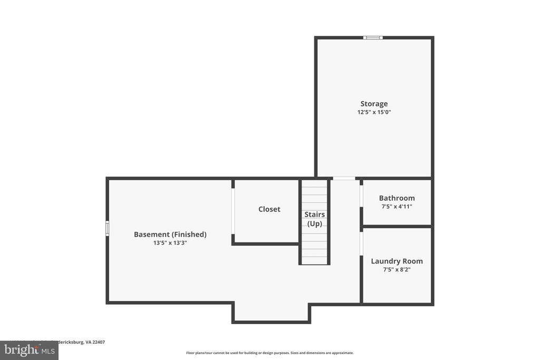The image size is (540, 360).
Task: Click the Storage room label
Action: coord(374,104)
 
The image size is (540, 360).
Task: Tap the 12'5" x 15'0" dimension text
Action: coord(374,112)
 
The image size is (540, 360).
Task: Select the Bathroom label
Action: coord(397,198)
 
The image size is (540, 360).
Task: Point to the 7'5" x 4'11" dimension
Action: coord(397,207)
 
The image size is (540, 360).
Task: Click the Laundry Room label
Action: coord(397,261)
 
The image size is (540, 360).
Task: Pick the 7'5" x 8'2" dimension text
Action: coord(397,269)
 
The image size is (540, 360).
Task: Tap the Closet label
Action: coord(269,209)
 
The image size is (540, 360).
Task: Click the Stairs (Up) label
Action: coord(314,219)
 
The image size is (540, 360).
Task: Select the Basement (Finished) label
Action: coord(170,235)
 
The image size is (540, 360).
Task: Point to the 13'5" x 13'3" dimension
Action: coord(170,243)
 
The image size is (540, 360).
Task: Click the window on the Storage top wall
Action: coord(373,37)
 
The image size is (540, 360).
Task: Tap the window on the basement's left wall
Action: coord(108,228)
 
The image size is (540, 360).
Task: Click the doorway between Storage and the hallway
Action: coord(344,178)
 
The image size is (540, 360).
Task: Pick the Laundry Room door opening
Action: coord(361,244)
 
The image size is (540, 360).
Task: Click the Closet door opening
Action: coord(233,211)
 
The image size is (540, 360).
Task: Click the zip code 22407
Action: coord(99,342)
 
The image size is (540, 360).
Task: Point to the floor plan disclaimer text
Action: coord(269,353)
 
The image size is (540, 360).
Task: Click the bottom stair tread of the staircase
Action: coord(314,260)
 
